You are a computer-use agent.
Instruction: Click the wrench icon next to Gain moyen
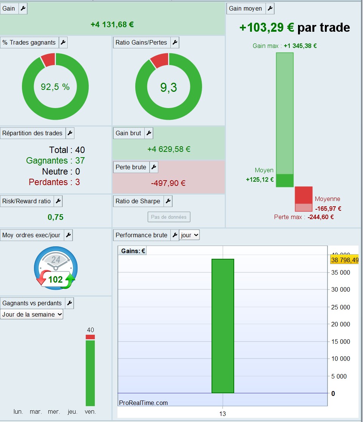[x=270, y=9]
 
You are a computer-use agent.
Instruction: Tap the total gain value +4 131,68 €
[x=112, y=25]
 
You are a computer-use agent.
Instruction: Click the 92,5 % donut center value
[x=55, y=87]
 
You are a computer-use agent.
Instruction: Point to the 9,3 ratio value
[x=168, y=87]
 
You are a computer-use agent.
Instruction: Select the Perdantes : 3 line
[x=54, y=182]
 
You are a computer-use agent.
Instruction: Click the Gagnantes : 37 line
[x=56, y=161]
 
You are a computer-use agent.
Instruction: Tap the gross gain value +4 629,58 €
[x=169, y=149]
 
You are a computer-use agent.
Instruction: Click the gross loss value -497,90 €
[x=168, y=183]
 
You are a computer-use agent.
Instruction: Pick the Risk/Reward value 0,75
[x=56, y=217]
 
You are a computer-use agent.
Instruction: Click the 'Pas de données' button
[x=169, y=217]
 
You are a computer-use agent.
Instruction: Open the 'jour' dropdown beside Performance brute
[x=190, y=235]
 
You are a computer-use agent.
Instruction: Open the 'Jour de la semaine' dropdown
[x=32, y=314]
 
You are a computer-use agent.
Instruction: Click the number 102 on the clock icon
[x=56, y=279]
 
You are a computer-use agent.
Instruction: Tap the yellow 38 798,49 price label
[x=344, y=260]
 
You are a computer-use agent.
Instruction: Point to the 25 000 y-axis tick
[x=340, y=307]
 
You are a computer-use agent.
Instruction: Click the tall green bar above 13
[x=223, y=326]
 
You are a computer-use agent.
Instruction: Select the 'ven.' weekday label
[x=90, y=412]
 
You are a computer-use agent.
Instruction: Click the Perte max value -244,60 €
[x=320, y=217]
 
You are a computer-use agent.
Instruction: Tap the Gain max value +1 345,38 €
[x=300, y=46]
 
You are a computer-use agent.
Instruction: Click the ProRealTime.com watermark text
[x=144, y=403]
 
